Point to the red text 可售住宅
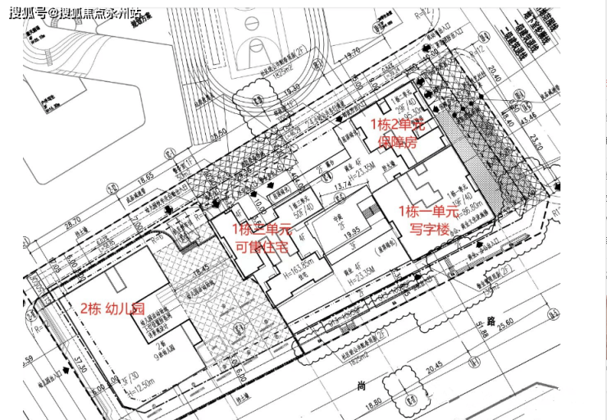click(261, 244)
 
